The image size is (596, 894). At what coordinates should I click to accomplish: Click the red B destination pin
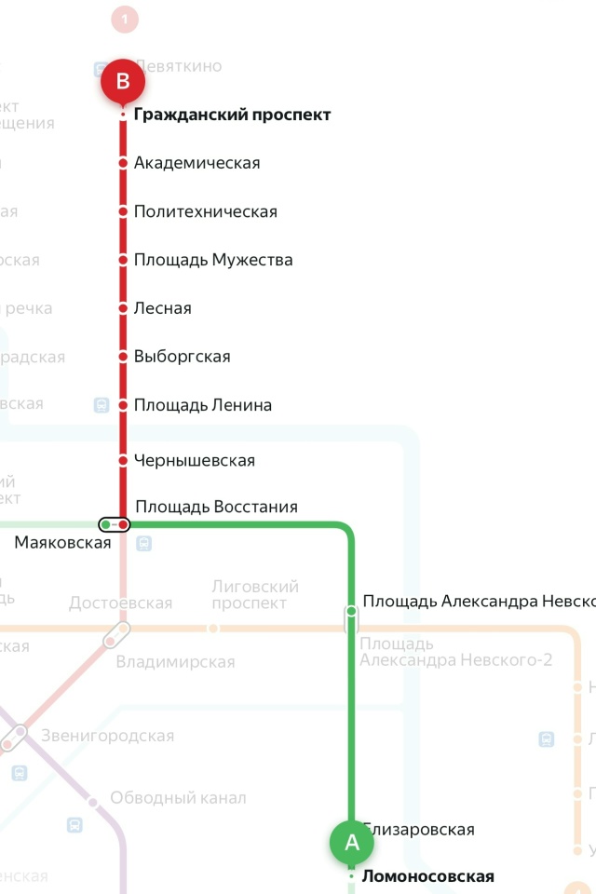[x=123, y=82]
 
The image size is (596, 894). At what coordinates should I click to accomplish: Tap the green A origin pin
[x=352, y=842]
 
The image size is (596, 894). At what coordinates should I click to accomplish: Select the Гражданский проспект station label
[x=232, y=115]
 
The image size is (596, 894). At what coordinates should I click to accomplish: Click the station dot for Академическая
[x=123, y=164]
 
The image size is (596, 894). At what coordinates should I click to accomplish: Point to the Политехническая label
[x=205, y=212]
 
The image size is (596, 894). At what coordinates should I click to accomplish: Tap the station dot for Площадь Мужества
[x=123, y=260]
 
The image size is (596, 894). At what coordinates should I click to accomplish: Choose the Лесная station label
[x=162, y=309]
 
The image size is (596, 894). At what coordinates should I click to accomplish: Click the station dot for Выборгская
[x=123, y=357]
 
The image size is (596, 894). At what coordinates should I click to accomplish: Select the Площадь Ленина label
[x=202, y=406]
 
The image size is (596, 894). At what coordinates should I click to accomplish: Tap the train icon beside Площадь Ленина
[x=102, y=405]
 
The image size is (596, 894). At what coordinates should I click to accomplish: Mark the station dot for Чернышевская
[x=123, y=461]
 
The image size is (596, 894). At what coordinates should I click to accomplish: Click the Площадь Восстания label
[x=216, y=508]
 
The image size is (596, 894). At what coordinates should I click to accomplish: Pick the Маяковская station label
[x=62, y=543]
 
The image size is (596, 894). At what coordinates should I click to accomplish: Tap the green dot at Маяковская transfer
[x=106, y=525]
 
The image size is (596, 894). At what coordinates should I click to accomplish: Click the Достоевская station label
[x=120, y=603]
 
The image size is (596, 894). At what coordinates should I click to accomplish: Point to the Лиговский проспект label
[x=255, y=594]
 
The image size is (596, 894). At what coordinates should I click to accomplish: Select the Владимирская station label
[x=175, y=663]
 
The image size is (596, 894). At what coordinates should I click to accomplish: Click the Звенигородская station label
[x=107, y=737]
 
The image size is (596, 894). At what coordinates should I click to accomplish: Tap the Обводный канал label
[x=178, y=798]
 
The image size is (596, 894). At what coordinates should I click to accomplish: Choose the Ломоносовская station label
[x=427, y=876]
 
